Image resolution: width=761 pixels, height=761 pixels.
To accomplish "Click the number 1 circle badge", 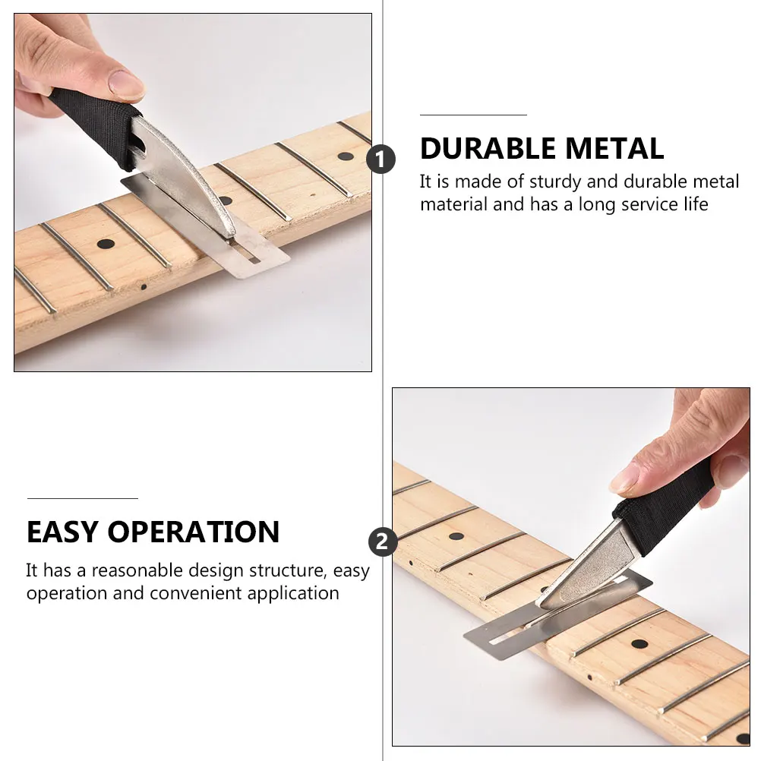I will (381, 160).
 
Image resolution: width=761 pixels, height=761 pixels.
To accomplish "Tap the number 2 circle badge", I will (382, 542).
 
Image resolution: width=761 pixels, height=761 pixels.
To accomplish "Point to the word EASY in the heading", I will (63, 532).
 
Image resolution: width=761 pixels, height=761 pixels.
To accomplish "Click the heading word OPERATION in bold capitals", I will (194, 532).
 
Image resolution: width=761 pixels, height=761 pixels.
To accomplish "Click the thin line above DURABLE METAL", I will (473, 115).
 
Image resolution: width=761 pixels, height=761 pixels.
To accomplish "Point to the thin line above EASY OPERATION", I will (82, 498).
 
